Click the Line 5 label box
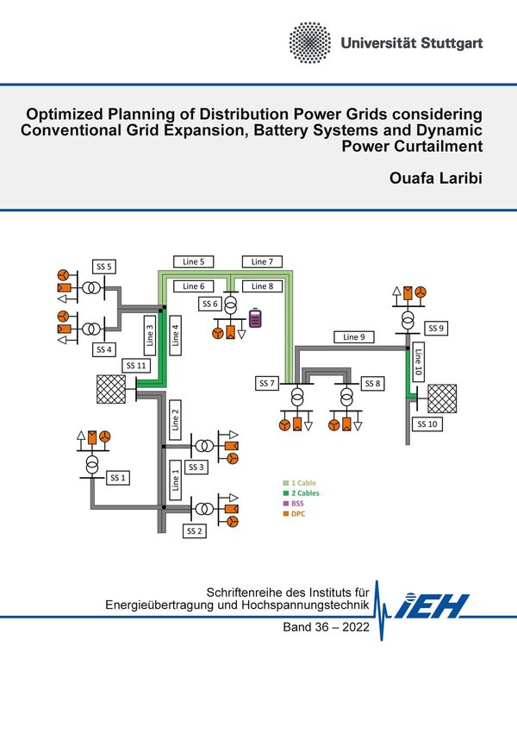(194, 260)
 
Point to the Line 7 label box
(262, 260)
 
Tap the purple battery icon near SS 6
(256, 320)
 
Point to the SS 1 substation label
(118, 477)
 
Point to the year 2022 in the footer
(350, 628)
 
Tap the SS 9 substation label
(436, 329)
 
